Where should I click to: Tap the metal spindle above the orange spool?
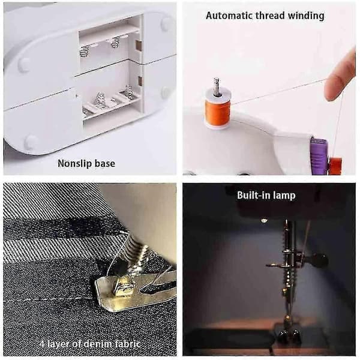click(x=216, y=86)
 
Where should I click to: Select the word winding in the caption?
click(x=306, y=16)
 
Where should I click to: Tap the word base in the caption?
click(x=104, y=163)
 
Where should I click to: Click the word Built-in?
click(x=251, y=195)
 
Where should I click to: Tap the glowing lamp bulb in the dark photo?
click(x=263, y=221)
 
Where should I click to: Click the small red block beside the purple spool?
click(x=335, y=165)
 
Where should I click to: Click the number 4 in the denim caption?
click(x=42, y=344)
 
